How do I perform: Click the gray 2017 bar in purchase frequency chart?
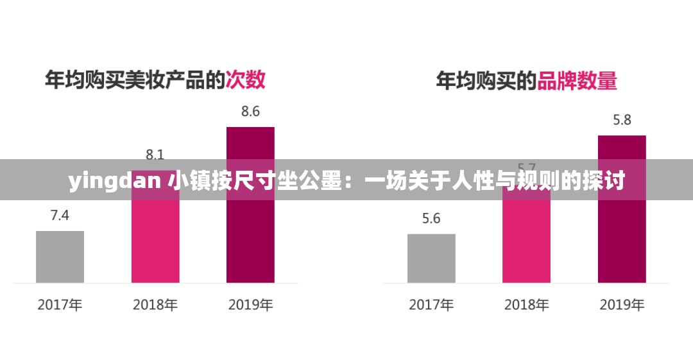(60, 257)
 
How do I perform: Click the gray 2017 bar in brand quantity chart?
(431, 258)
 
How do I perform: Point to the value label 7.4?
(60, 216)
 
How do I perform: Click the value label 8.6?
(250, 112)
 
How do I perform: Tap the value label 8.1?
(155, 153)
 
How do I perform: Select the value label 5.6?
(431, 219)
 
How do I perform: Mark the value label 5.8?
(622, 120)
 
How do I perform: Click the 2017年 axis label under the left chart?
(60, 305)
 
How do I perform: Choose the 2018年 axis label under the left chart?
(155, 305)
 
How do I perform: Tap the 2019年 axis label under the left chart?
(250, 305)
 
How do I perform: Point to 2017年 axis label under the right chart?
(431, 305)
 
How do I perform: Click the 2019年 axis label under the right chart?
(622, 305)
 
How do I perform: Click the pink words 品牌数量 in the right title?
(577, 81)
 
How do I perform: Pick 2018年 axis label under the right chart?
(526, 305)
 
